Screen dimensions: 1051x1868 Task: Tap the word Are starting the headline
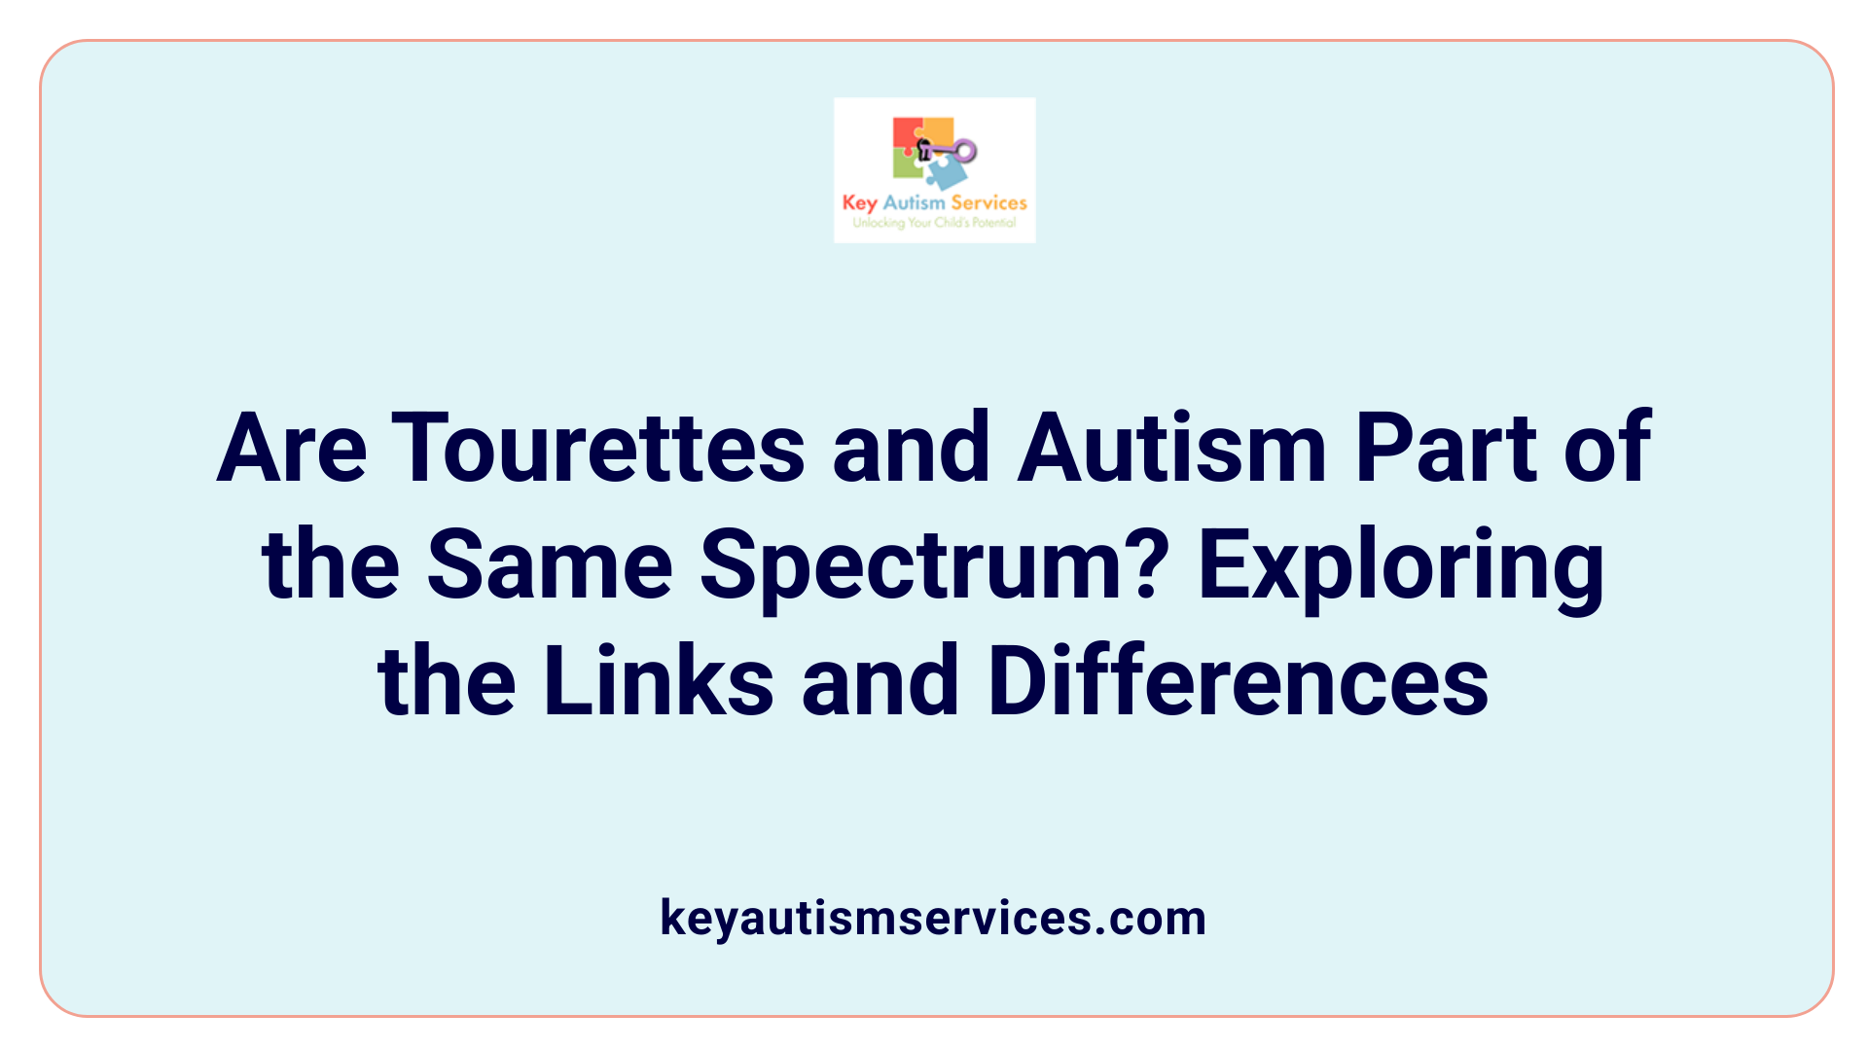tap(291, 448)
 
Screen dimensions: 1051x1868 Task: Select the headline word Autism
tap(1171, 448)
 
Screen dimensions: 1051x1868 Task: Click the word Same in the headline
tap(549, 564)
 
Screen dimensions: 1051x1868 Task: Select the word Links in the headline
tap(658, 681)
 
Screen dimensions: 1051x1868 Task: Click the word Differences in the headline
tap(1238, 681)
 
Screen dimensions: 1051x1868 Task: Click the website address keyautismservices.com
tap(933, 918)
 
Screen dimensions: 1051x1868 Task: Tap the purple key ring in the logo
tap(964, 150)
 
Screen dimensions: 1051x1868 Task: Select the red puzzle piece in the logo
tap(907, 135)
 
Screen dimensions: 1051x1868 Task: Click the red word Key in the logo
tap(859, 203)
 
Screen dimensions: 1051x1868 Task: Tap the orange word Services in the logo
tap(988, 202)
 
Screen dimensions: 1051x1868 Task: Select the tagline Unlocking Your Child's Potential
tap(934, 223)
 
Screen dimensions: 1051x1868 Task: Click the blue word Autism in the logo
tap(914, 202)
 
